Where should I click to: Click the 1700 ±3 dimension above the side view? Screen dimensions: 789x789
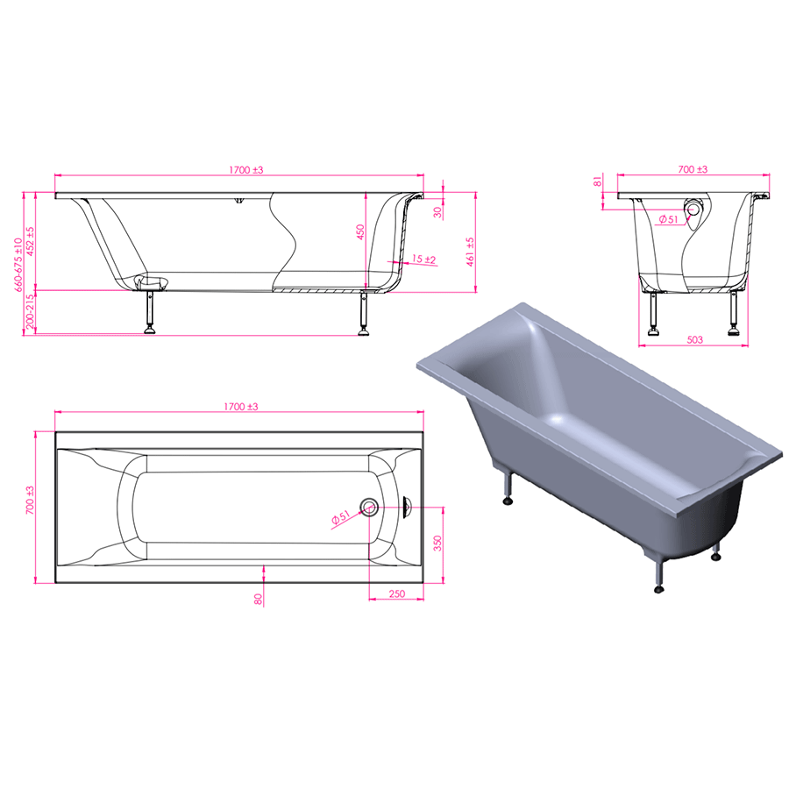coord(246,170)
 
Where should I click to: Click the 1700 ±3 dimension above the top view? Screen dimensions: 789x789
coord(241,407)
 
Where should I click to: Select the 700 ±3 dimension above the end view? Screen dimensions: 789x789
coord(693,169)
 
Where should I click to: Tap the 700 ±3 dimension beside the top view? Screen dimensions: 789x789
coord(30,500)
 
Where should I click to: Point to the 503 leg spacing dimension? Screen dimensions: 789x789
coord(694,339)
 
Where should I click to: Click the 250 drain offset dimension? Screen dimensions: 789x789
coord(397,594)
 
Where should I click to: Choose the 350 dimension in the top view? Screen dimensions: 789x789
coord(437,543)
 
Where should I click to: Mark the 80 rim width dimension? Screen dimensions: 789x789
coord(258,599)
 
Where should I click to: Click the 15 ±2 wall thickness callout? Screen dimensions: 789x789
coord(423,259)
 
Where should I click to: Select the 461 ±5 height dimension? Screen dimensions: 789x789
coord(471,252)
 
